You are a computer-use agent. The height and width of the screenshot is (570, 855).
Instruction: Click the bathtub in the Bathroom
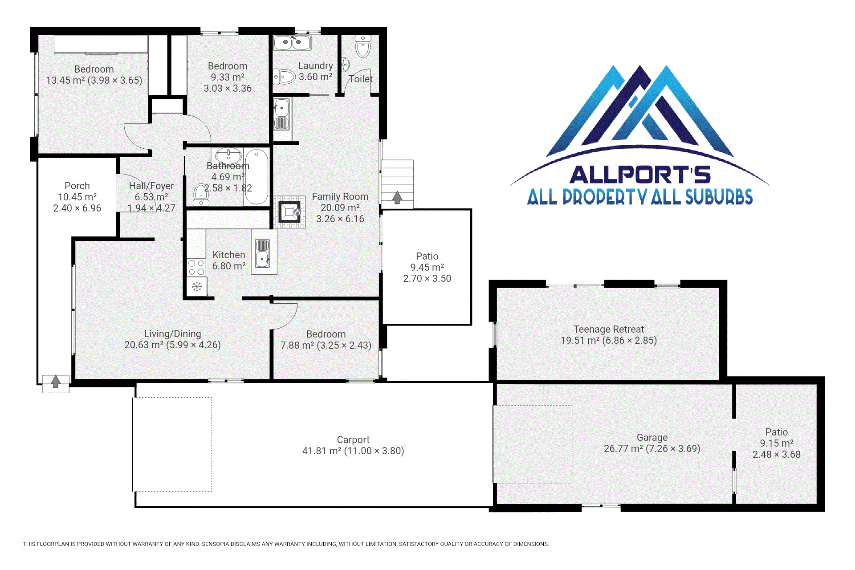coord(256,177)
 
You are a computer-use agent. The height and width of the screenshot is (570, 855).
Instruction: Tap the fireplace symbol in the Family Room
coord(289,212)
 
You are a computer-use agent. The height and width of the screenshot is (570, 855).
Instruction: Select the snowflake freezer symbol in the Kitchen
coord(196,286)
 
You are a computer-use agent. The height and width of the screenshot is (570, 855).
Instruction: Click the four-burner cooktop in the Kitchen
coord(196,267)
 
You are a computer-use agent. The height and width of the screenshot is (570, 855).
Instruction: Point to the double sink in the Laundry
coord(292,43)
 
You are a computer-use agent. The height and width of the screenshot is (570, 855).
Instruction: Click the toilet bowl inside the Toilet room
coord(363,47)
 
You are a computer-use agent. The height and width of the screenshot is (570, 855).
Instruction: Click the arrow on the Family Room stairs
coord(397,197)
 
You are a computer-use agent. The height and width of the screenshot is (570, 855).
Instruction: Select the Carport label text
coord(353,440)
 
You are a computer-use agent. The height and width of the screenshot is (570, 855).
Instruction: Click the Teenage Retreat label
coord(609,329)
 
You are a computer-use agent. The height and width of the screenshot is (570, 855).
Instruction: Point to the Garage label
coord(652,437)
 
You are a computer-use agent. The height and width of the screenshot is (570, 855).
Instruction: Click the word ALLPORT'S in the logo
coord(640,175)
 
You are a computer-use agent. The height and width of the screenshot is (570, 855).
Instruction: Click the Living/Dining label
coord(172,334)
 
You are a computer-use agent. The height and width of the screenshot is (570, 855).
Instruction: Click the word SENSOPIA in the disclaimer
coord(219,544)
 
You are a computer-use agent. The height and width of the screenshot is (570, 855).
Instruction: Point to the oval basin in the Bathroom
coord(228,156)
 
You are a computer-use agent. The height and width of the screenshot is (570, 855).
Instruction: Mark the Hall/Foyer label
coord(151,186)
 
